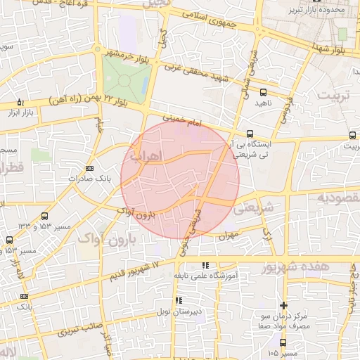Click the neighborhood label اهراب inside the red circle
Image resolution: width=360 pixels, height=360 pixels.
[x=147, y=154]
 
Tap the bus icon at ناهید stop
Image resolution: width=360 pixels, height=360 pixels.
[x=263, y=92]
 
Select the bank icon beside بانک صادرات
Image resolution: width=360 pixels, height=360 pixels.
[x=89, y=169]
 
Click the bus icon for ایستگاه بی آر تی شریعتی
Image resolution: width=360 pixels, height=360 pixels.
[x=250, y=134]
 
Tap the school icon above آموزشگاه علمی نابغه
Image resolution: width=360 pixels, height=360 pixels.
[x=205, y=265]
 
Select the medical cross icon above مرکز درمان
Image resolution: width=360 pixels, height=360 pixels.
[x=283, y=305]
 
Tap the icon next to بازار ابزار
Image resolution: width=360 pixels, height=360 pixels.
[x=19, y=102]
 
